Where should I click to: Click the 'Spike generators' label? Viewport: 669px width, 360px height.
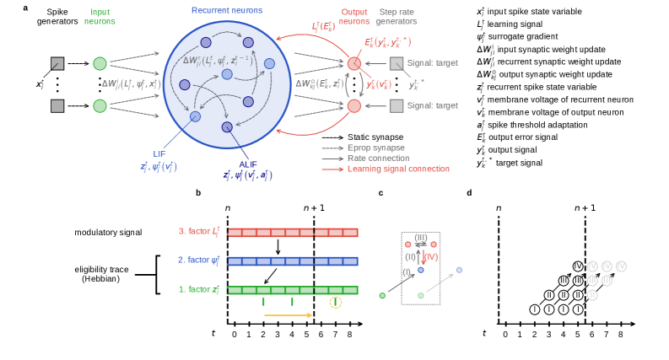[57, 16]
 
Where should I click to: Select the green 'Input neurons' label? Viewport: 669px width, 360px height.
[100, 16]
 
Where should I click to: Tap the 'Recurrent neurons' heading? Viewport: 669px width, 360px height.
[226, 9]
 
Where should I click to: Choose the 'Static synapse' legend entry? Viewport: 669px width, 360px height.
[375, 137]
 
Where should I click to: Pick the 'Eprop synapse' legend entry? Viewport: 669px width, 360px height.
[375, 148]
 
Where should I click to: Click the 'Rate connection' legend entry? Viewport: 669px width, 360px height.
[378, 158]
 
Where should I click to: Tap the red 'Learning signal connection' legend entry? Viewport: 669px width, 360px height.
[398, 169]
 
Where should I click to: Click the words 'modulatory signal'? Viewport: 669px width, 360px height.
[108, 232]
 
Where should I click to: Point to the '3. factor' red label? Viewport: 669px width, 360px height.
[198, 232]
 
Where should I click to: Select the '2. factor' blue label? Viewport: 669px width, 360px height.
[198, 261]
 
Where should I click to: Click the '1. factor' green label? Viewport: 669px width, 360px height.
[198, 290]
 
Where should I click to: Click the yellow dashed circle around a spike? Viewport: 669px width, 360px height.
[336, 302]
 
